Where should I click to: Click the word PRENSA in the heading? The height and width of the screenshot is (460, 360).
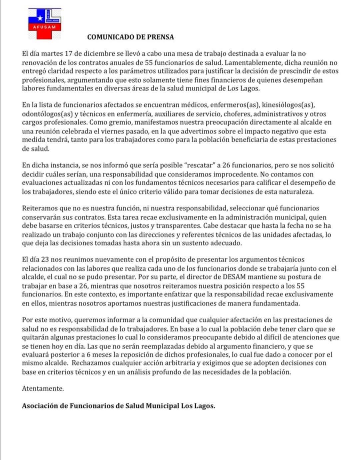click(161, 37)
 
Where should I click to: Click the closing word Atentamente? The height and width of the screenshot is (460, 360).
click(43, 388)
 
